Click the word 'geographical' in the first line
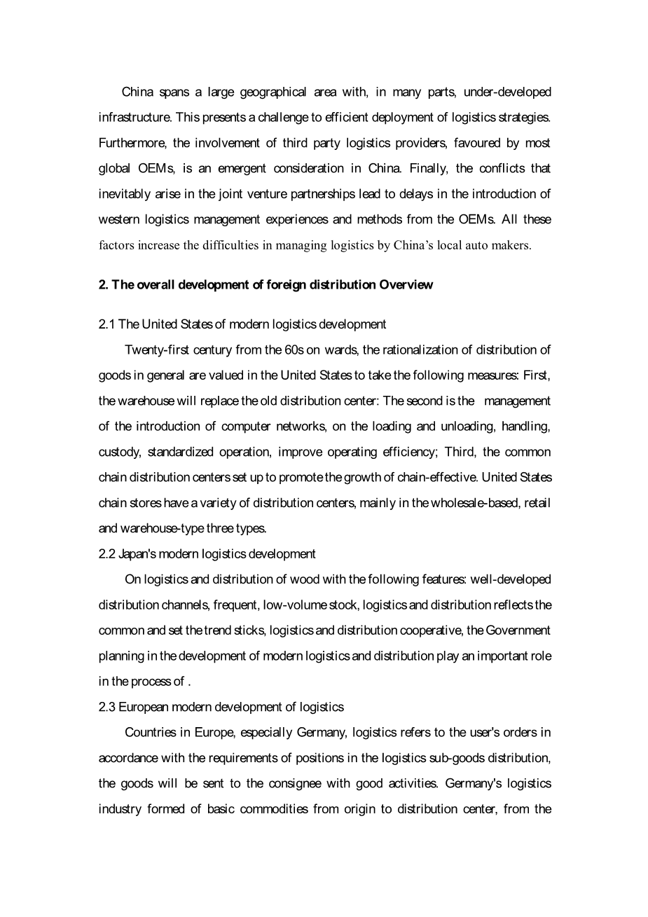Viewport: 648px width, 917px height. point(273,92)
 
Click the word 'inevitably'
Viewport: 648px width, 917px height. point(124,193)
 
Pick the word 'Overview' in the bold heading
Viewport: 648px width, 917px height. point(406,284)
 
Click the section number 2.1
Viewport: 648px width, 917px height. point(106,324)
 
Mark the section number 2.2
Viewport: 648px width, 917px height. point(106,554)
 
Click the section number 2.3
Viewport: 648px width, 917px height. point(106,707)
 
